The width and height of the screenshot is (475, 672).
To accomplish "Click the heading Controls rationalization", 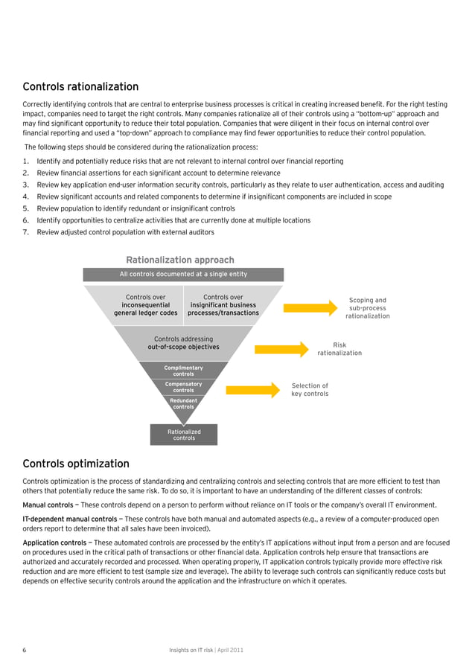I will [80, 87].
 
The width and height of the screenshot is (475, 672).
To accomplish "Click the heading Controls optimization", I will [76, 464].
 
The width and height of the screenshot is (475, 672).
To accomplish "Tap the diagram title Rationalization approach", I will [180, 260].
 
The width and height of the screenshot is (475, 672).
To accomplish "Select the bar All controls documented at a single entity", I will [183, 275].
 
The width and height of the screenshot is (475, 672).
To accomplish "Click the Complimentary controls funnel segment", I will [183, 371].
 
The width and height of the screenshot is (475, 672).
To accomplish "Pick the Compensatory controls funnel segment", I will [183, 387].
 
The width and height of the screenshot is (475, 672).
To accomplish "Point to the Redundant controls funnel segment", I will [183, 403].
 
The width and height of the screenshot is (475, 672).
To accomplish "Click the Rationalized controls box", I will [184, 435].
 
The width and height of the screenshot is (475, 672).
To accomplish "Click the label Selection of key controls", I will [310, 389].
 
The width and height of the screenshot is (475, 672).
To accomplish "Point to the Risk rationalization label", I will [339, 349].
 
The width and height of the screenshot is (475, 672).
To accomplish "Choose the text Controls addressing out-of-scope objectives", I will [183, 343].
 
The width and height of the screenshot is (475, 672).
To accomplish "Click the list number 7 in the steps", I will [26, 232].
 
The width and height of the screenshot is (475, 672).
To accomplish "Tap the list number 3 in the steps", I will [26, 185].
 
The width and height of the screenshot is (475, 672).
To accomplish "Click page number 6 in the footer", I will [25, 650].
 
